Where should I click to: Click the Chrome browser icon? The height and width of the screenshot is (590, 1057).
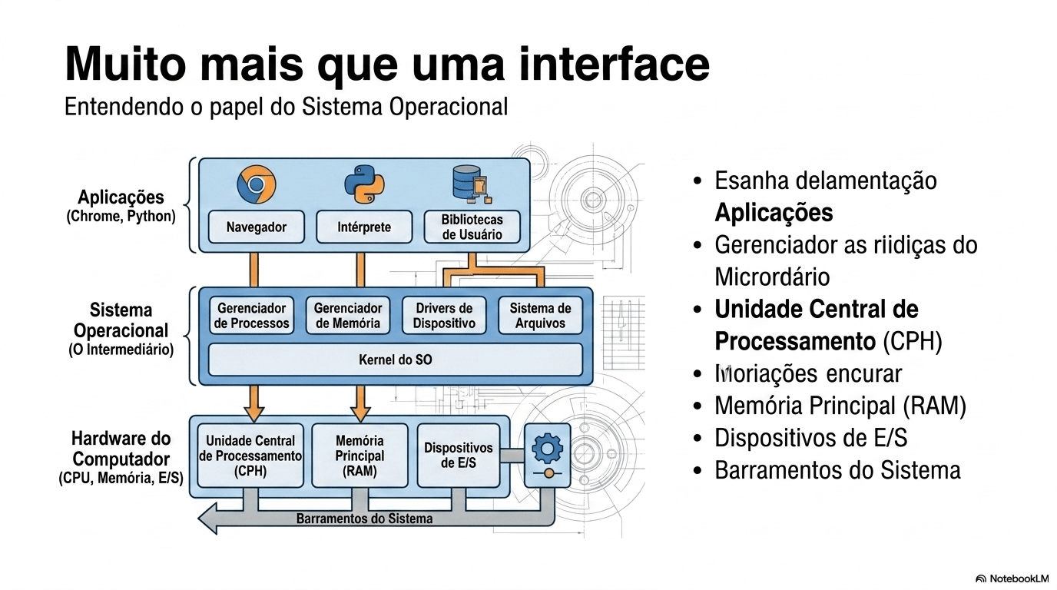coord(256,184)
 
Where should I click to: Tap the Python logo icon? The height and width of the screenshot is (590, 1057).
coord(363,184)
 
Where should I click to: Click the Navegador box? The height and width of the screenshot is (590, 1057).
coord(257,227)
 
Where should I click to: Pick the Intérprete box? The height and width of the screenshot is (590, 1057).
coord(364,227)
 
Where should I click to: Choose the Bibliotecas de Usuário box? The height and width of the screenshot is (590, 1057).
coord(472,227)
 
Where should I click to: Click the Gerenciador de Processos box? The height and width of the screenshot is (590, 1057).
coord(252,316)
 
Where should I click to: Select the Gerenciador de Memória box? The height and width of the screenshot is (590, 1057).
coord(348,316)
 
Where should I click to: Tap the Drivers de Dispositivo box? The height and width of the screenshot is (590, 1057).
coord(444,316)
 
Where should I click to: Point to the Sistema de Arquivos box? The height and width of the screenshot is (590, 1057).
coord(540,316)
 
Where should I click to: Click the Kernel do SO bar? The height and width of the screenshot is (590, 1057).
coord(396,360)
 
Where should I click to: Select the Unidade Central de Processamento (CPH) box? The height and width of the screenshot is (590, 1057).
coord(250,456)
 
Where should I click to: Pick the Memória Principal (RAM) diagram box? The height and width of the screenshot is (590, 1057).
coord(360,456)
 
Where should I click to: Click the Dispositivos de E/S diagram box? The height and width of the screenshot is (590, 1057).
coord(458,456)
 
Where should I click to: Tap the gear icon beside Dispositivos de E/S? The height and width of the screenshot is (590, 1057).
coord(547,446)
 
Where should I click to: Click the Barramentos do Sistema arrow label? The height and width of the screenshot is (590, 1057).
coord(364,519)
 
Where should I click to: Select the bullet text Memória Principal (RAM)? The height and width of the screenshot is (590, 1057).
coord(840,406)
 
